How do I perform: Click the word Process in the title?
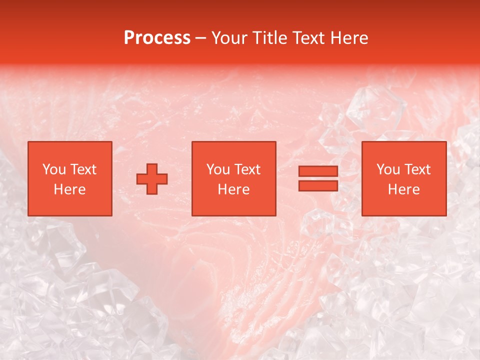click(157, 38)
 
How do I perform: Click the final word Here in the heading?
click(350, 38)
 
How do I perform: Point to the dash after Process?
click(200, 38)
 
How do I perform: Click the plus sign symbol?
click(152, 179)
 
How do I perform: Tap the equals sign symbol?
click(318, 178)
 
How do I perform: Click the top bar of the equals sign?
click(318, 171)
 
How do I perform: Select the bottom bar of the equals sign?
click(318, 185)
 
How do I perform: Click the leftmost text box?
click(69, 178)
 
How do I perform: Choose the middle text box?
click(234, 178)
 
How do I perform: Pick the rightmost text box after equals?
click(403, 178)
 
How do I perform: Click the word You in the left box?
click(53, 169)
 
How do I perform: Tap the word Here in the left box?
click(69, 189)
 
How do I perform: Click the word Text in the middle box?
click(247, 169)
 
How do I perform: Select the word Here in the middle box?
click(234, 189)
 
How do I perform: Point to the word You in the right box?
click(388, 169)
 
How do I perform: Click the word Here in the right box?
click(403, 189)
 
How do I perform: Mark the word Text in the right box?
click(417, 169)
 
